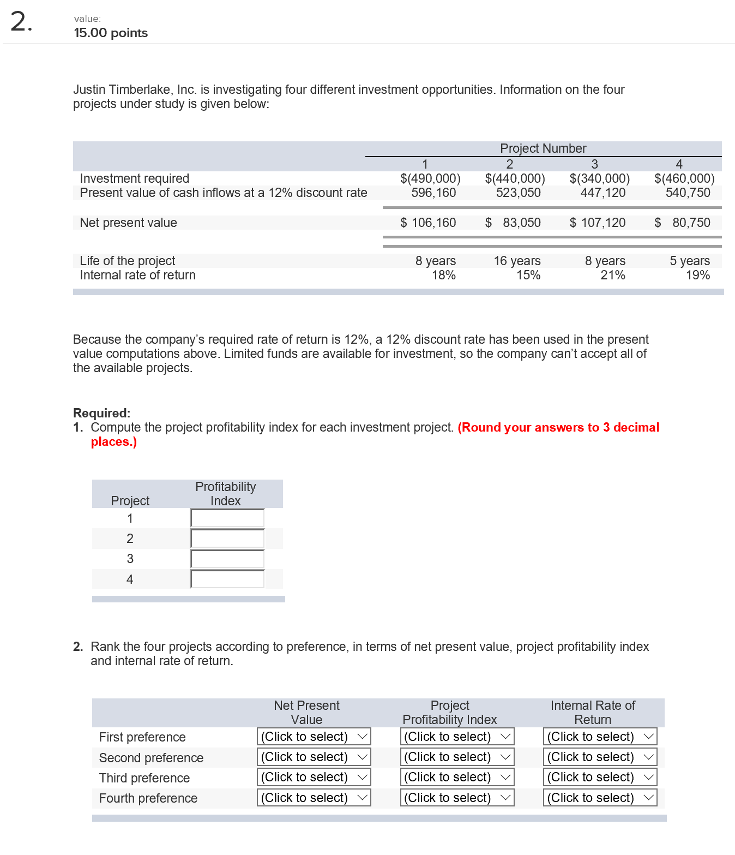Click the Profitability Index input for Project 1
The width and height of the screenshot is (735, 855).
(x=227, y=518)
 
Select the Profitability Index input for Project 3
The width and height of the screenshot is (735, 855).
(x=227, y=559)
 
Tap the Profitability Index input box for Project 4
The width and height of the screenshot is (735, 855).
(x=227, y=579)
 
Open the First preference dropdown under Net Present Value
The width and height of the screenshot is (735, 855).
(x=314, y=737)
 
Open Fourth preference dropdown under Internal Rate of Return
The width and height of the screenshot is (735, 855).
(x=600, y=798)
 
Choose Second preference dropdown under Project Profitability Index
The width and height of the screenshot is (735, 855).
(x=457, y=757)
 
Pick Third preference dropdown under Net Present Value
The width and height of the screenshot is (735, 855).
(x=314, y=777)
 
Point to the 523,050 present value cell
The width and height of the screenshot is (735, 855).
(x=518, y=193)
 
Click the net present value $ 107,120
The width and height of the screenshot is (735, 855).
(x=598, y=223)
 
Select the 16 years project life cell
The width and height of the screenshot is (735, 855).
(x=517, y=261)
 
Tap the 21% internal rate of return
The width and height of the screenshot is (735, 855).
(x=612, y=275)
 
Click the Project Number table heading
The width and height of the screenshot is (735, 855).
(x=543, y=148)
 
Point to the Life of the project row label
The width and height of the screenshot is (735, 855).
(x=127, y=261)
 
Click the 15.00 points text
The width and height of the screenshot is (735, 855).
(x=111, y=33)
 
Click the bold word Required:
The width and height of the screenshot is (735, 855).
(x=102, y=413)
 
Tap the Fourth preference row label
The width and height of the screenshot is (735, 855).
(x=148, y=798)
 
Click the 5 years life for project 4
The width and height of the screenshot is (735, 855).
(x=689, y=261)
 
